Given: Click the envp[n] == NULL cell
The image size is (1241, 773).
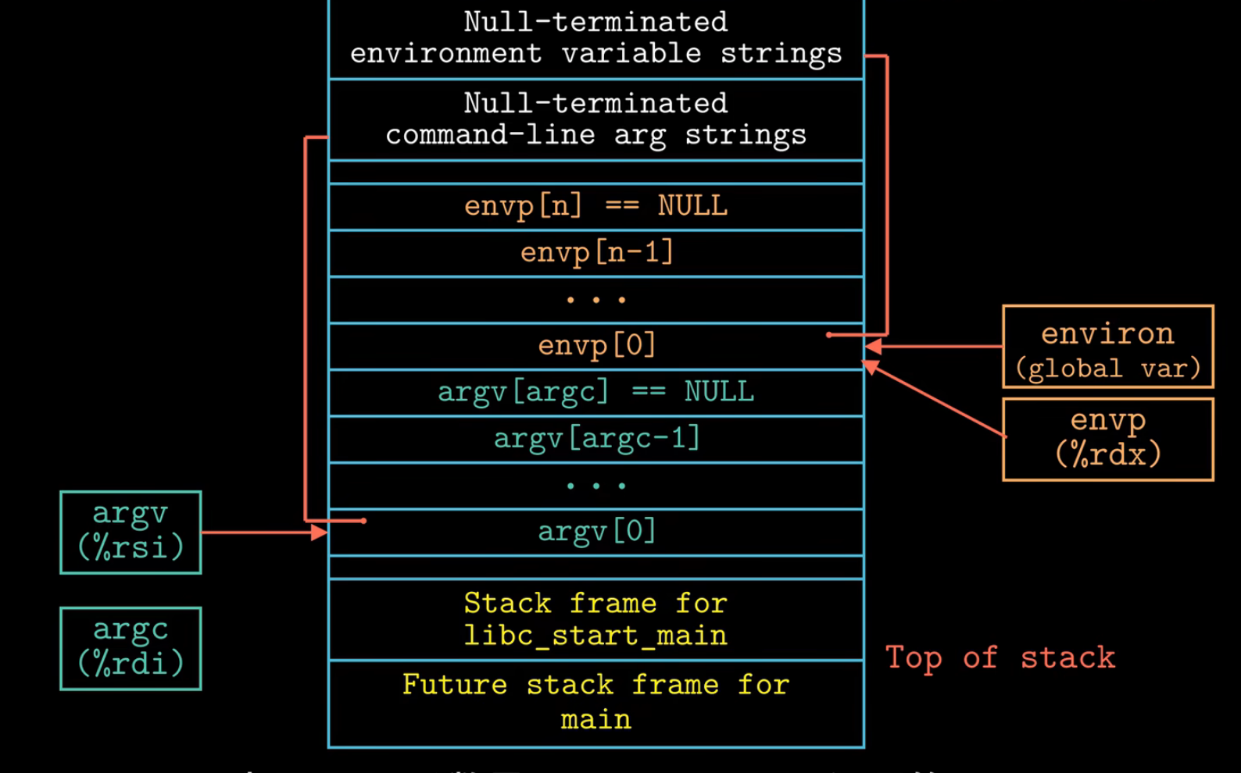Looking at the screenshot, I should pos(595,206).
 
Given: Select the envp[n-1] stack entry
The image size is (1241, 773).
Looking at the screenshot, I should pos(595,253).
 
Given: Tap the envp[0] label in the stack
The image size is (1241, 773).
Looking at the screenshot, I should pos(595,345).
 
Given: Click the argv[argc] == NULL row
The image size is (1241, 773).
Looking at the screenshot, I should pos(595,392).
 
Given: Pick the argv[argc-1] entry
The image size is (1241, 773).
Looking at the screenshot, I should pos(595,439).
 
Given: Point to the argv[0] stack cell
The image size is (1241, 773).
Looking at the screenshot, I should pos(595,532).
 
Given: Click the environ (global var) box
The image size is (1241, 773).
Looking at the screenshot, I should pos(1107,347).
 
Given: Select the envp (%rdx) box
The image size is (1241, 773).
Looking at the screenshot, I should pos(1107,439).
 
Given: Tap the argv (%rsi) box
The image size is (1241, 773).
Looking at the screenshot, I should pos(131,532).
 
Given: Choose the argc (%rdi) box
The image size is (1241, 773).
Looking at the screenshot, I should pos(131,648).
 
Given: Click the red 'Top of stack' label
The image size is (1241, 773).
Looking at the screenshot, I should pos(1000,658).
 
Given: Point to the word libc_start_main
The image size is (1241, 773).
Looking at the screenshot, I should pos(595,636).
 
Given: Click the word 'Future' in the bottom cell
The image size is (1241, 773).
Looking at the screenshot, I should pos(454,685).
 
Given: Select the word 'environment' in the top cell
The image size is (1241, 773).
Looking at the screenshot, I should pos(445,54).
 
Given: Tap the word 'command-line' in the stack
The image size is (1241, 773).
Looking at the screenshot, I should pos(490,135).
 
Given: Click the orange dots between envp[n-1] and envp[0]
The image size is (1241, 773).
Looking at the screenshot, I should pos(595,300).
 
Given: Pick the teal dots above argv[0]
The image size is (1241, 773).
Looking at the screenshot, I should pos(595,486).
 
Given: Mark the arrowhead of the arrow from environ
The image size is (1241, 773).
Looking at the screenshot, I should pos(873,346).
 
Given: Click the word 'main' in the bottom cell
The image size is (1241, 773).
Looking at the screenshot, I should pos(595,719).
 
